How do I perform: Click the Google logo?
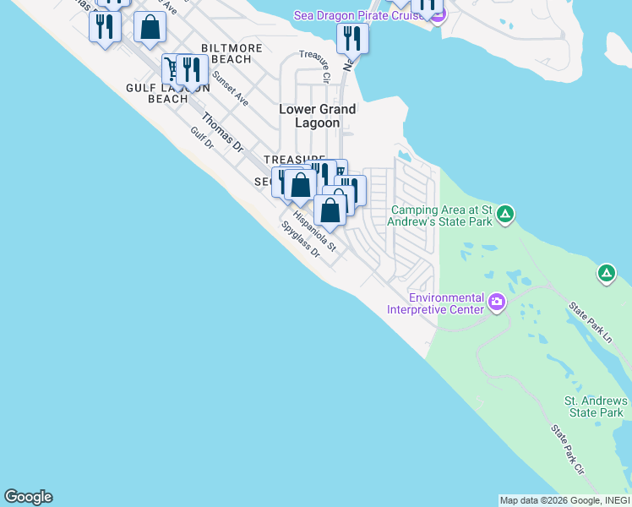point(28,497)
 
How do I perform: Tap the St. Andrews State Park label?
point(596,406)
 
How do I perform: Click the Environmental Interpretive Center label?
point(435,303)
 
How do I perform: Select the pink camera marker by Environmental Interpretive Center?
point(497,302)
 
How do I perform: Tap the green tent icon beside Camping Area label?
point(504,214)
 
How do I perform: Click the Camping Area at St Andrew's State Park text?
point(441,216)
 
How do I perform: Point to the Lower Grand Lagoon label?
point(318,116)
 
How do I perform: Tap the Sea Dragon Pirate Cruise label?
point(358,15)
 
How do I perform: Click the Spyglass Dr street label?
point(302,239)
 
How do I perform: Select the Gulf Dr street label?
point(203,138)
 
